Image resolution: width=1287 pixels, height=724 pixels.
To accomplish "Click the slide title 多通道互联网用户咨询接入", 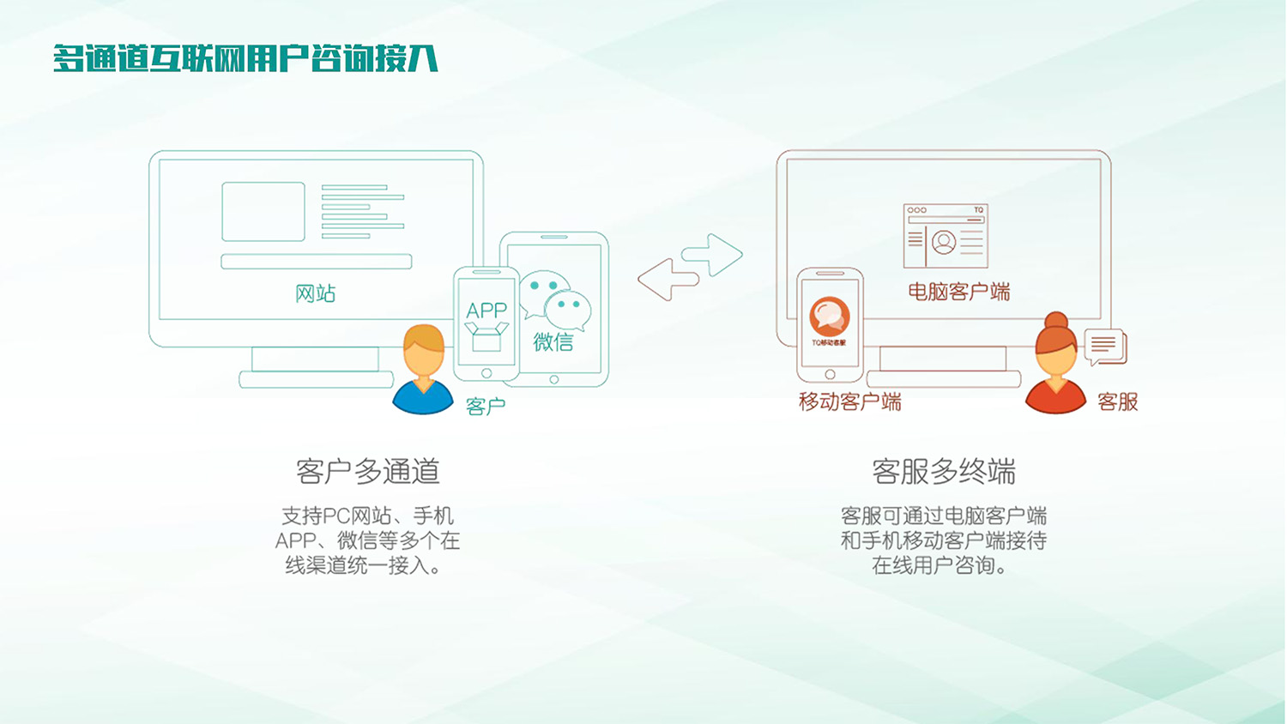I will (245, 59).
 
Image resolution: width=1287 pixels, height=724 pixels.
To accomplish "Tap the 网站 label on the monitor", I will (315, 293).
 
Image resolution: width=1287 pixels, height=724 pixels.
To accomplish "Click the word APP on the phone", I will (486, 311).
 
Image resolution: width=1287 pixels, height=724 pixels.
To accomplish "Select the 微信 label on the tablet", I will (553, 342).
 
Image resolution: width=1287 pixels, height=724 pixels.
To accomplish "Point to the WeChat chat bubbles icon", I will (556, 300).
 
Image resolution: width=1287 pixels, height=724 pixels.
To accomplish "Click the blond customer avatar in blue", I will (423, 371).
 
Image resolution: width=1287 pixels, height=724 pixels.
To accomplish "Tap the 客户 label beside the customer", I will (486, 406).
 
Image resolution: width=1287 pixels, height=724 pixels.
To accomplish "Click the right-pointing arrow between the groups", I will (714, 254).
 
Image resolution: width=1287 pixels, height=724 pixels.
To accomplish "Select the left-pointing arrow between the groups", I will (667, 280).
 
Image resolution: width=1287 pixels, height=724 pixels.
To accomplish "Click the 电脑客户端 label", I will (958, 292).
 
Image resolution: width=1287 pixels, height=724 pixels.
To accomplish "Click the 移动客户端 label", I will (849, 401).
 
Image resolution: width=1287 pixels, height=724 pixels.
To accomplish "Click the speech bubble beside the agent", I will (1105, 347).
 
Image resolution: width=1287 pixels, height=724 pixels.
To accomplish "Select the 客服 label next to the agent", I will (1117, 401).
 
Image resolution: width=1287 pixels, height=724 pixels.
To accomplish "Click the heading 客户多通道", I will (367, 471).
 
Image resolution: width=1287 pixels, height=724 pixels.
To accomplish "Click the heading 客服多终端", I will (944, 471).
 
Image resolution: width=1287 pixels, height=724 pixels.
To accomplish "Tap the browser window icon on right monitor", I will (946, 236).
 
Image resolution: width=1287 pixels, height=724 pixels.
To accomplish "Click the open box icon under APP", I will (486, 337).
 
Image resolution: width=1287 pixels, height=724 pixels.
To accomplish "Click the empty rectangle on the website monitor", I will (263, 211).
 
